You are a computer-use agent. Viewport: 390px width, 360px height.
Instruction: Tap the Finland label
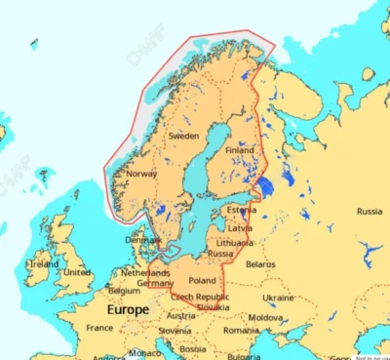pos(239,151)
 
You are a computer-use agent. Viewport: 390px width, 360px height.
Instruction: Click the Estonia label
pos(241,210)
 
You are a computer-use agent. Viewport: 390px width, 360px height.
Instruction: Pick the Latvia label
pos(239,227)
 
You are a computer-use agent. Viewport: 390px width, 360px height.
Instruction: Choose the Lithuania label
pos(235,242)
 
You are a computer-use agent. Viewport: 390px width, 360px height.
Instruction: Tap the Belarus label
pos(261,263)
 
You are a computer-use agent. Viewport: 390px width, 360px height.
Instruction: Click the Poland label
pos(202,280)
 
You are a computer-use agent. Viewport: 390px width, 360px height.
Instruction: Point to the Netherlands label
pos(144,273)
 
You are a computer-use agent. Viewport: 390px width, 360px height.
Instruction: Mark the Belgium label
pos(124,290)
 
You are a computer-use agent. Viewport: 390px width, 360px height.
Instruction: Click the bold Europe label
pos(128,309)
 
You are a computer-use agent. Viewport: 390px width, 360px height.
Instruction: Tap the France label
pos(99,328)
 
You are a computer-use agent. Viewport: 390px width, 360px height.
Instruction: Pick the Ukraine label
pos(278,297)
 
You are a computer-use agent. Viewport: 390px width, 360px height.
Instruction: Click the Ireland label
pos(44,263)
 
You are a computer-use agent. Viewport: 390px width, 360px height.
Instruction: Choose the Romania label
pos(240,330)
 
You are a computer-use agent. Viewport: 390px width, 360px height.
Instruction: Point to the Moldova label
pos(265,317)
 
